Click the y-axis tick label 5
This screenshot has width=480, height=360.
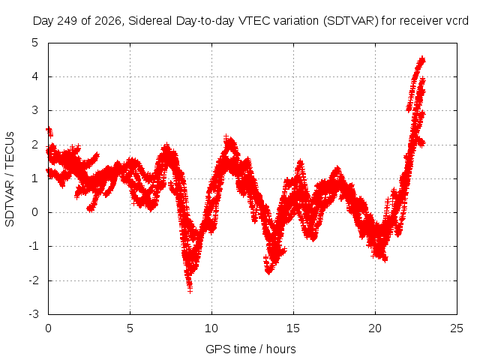35,43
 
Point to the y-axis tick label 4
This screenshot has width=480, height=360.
35,76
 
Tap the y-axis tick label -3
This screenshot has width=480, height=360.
34,314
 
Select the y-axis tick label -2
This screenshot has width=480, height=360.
34,280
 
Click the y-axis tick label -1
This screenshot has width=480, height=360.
34,246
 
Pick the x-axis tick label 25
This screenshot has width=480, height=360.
457,328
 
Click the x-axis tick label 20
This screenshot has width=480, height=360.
375,328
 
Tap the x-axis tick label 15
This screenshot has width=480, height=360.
293,328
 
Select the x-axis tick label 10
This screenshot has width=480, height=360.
211,328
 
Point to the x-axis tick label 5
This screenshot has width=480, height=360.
130,328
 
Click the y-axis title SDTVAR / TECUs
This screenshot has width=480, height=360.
10,179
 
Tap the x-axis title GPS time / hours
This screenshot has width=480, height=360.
250,349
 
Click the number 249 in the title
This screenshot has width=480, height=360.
68,21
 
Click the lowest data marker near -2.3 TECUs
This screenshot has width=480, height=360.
190,290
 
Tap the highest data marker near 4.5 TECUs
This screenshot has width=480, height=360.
422,58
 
